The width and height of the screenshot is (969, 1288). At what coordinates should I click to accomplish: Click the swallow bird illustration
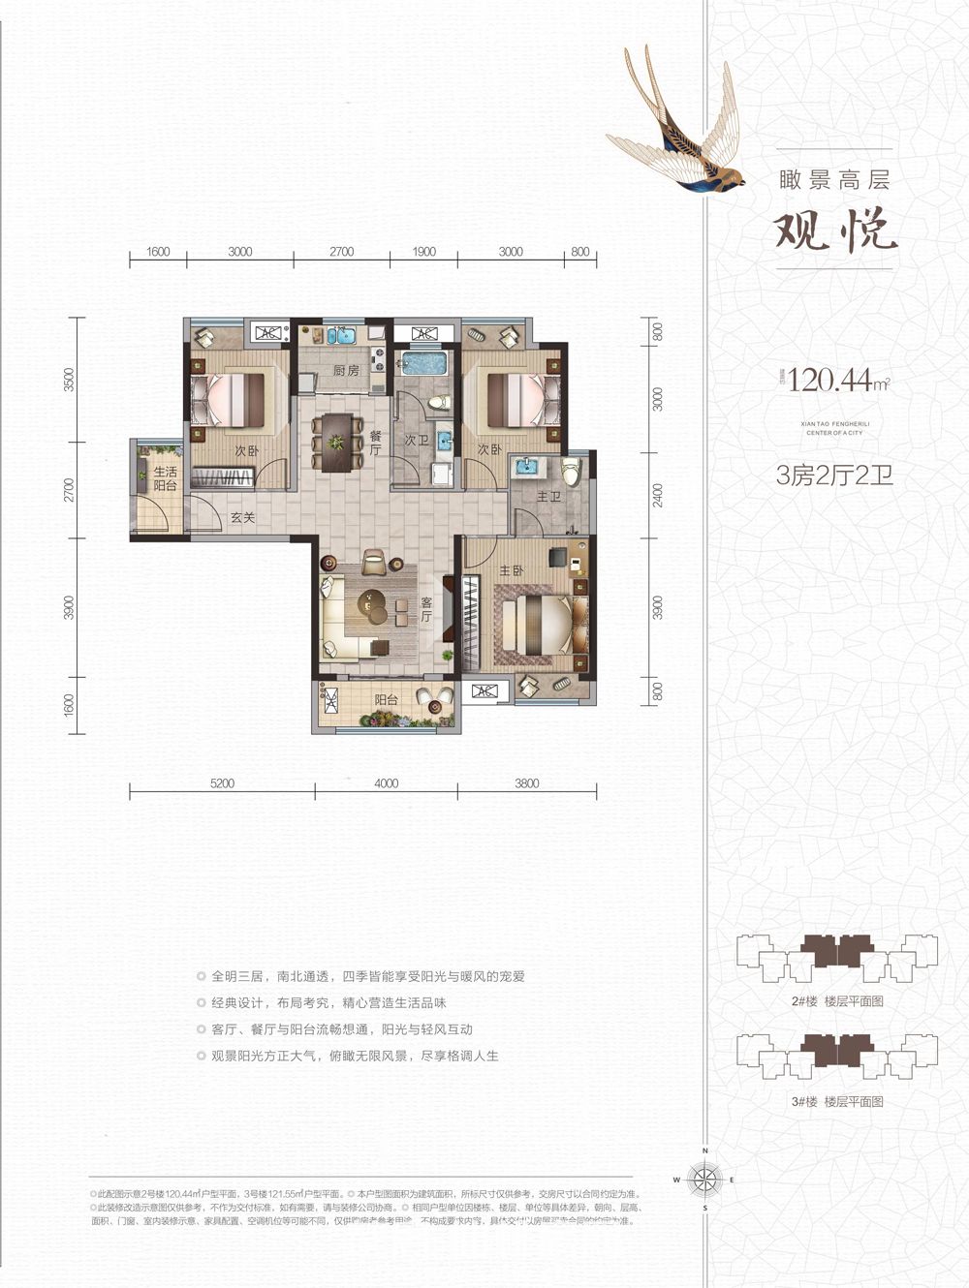[x=678, y=121]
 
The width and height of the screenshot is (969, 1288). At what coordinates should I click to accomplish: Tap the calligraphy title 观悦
[x=835, y=230]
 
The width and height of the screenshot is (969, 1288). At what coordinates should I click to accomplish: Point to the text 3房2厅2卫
[x=834, y=475]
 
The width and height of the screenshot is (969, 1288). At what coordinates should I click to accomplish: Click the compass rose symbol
[x=704, y=1180]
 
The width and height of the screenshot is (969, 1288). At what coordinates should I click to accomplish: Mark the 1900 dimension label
[x=423, y=252]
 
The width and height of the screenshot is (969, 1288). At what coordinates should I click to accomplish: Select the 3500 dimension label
[x=69, y=380]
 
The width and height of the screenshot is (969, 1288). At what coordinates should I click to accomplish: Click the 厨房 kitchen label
[x=346, y=371]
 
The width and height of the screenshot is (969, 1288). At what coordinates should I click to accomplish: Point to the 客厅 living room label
[x=426, y=609]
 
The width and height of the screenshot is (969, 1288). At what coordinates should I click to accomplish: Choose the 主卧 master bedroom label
[x=511, y=571]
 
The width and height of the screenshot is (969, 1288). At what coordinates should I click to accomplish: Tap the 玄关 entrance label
[x=242, y=518]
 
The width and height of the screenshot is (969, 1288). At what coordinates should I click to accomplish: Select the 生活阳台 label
[x=165, y=478]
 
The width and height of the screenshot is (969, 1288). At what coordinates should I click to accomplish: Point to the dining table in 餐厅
[x=335, y=443]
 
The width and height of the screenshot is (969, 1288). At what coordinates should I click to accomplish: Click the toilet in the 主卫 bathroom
[x=571, y=472]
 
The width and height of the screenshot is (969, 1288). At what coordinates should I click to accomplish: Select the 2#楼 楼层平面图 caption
[x=837, y=1001]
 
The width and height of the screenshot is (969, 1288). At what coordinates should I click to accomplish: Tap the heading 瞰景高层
[x=834, y=179]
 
